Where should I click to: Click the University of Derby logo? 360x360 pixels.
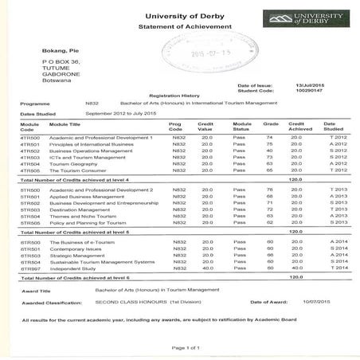tap(307, 18)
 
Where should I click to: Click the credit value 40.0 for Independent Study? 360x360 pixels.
tap(206, 268)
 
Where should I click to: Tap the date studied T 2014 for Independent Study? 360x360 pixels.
tap(338, 268)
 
